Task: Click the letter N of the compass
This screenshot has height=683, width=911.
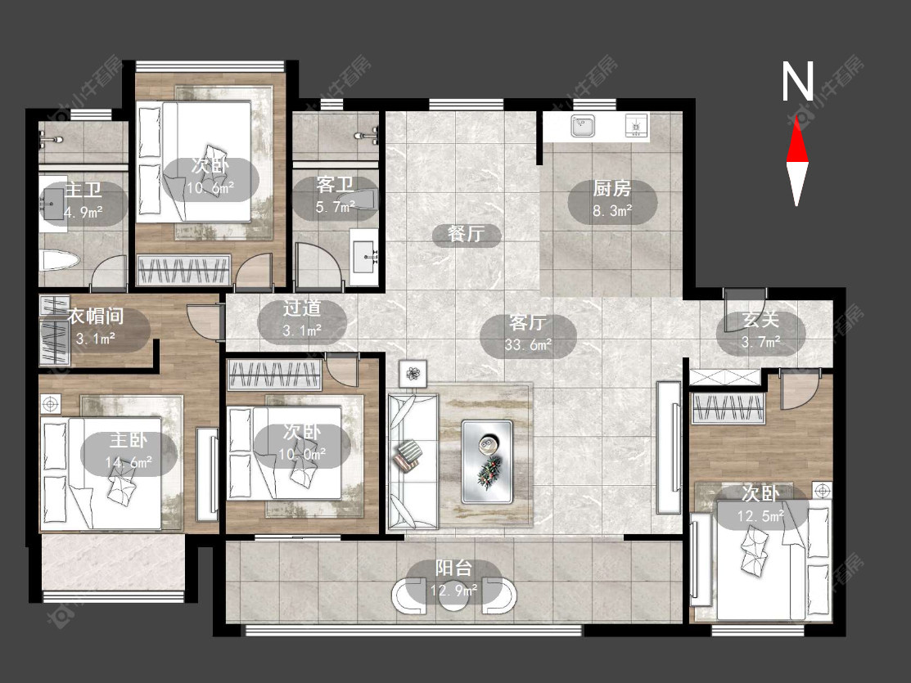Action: [798, 81]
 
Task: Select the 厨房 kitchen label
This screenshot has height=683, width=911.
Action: [611, 188]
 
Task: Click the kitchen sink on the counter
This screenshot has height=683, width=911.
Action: [582, 126]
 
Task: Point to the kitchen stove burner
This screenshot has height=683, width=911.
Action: [636, 126]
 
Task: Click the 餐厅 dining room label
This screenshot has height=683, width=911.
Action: [466, 233]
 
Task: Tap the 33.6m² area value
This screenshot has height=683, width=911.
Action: [528, 345]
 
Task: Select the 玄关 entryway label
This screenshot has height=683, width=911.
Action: [760, 320]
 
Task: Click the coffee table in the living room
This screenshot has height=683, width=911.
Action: [487, 461]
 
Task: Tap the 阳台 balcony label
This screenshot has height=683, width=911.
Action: [453, 568]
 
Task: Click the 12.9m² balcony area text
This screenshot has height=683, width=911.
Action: [453, 591]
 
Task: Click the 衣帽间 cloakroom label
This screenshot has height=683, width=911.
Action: [96, 316]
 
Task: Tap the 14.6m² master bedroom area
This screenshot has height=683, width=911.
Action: [129, 462]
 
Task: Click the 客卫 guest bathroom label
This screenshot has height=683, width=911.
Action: [336, 185]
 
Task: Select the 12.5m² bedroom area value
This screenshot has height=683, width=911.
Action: [760, 516]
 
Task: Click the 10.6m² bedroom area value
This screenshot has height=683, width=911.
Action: [210, 188]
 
